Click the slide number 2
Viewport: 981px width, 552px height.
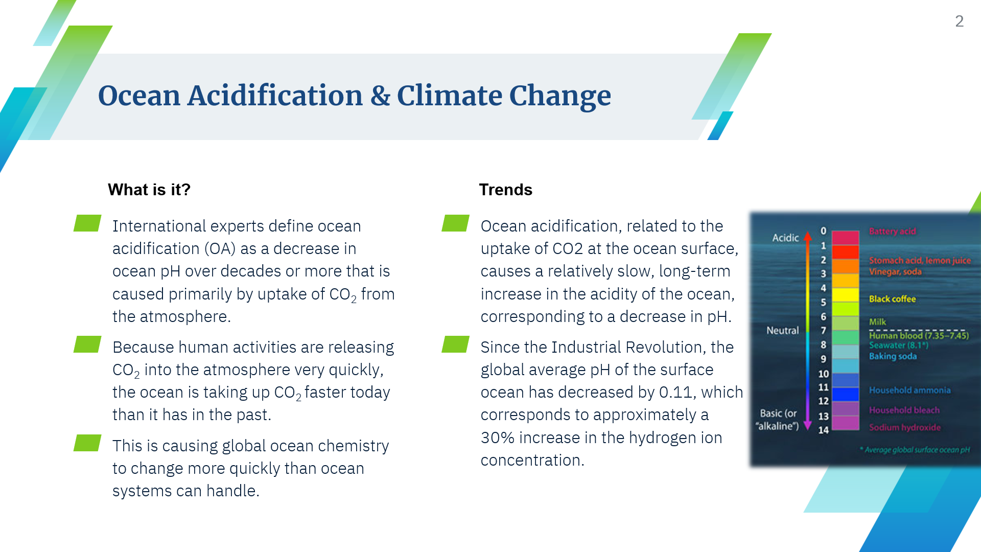point(959,21)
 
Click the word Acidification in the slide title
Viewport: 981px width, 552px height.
point(275,96)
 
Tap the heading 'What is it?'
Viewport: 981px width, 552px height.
point(149,190)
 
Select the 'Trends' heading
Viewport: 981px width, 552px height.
point(505,190)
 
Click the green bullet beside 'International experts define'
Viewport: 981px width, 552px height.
point(87,223)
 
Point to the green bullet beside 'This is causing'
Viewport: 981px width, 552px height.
point(87,443)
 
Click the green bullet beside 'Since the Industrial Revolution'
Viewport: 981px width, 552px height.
point(455,344)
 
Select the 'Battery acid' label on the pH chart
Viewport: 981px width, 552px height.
point(892,232)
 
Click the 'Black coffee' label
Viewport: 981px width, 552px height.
point(892,299)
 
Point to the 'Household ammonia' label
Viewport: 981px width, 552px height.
point(909,390)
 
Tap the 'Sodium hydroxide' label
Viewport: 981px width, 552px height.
point(904,427)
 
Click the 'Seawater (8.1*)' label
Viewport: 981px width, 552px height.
point(898,345)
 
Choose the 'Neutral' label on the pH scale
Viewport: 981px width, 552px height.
point(782,331)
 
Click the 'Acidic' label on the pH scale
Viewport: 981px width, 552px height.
point(785,238)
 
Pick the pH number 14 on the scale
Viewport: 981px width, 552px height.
point(823,430)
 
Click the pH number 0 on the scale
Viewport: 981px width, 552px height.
point(823,231)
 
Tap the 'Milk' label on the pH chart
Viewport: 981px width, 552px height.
point(877,322)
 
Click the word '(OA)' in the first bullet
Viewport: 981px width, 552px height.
point(220,248)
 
